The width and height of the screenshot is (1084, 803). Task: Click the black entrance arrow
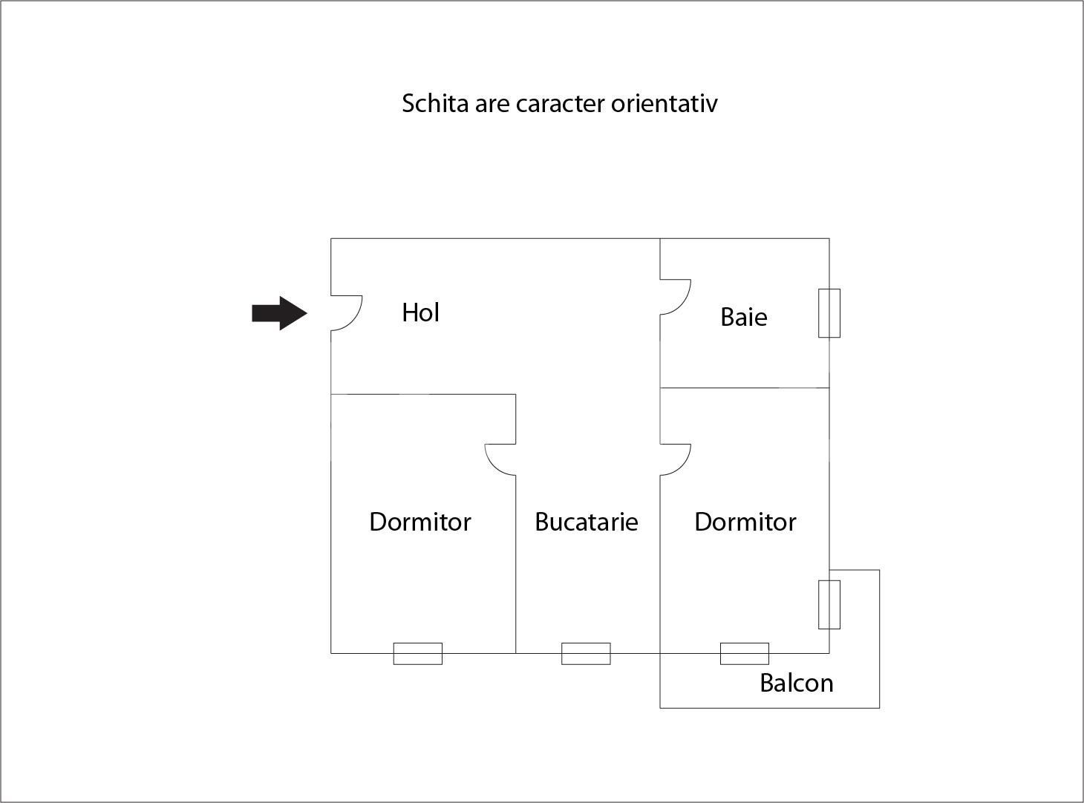tap(279, 313)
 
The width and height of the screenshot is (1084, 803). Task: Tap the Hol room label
tap(420, 312)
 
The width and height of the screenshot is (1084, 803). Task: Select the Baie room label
tap(743, 318)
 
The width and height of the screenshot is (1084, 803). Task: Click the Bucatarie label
tap(586, 522)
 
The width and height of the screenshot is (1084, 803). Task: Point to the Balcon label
tap(796, 683)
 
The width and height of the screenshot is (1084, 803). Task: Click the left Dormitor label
tap(419, 522)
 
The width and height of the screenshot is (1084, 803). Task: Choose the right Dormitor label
tap(745, 522)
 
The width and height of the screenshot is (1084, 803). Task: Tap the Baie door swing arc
tap(681, 301)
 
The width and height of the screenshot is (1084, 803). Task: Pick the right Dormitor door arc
tap(681, 465)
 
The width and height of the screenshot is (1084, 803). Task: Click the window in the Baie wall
tap(829, 313)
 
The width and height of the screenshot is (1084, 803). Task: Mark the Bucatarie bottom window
tap(586, 654)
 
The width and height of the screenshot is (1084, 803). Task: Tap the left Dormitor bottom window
tap(417, 654)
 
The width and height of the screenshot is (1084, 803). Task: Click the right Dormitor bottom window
tap(745, 654)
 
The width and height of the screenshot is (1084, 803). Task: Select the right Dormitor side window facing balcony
tap(829, 605)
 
